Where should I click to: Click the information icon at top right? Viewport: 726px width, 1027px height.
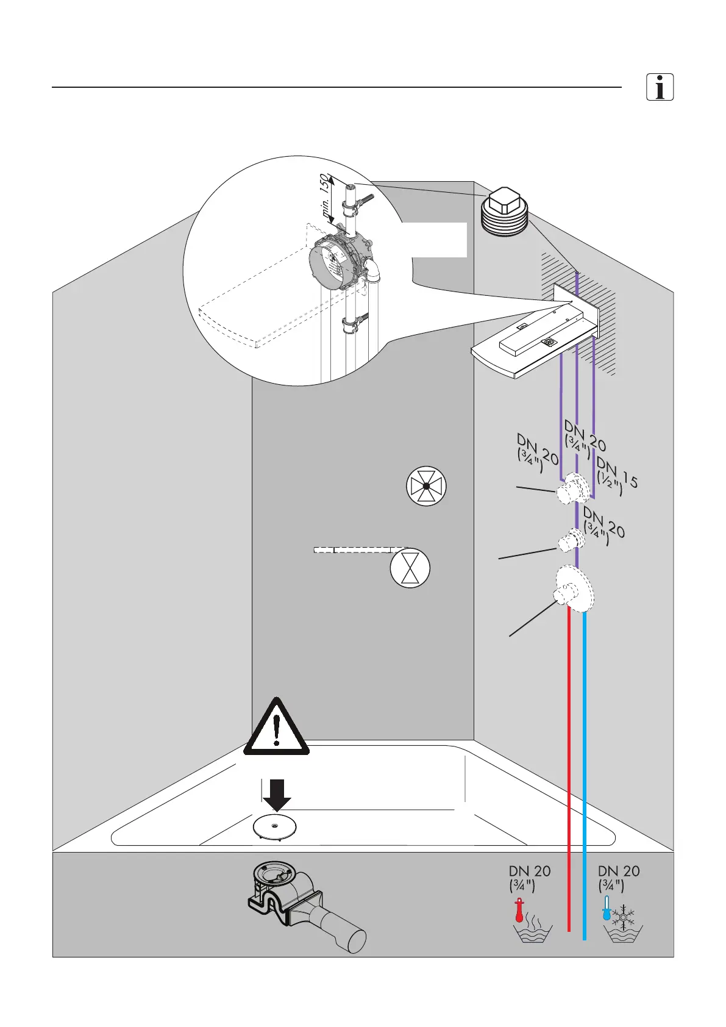click(x=660, y=87)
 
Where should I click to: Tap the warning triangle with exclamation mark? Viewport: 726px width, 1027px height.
click(x=276, y=729)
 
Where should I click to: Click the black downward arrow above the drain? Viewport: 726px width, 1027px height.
click(x=276, y=795)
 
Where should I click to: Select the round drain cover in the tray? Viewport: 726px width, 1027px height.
click(x=275, y=827)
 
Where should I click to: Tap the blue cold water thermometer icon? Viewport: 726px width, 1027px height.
click(x=607, y=908)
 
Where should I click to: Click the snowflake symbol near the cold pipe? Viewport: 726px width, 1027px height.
click(x=623, y=916)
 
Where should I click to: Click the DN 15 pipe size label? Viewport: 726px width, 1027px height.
click(x=617, y=473)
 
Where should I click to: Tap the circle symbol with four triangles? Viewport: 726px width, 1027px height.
click(x=426, y=487)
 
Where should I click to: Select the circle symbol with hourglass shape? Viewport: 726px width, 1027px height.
click(x=410, y=568)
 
